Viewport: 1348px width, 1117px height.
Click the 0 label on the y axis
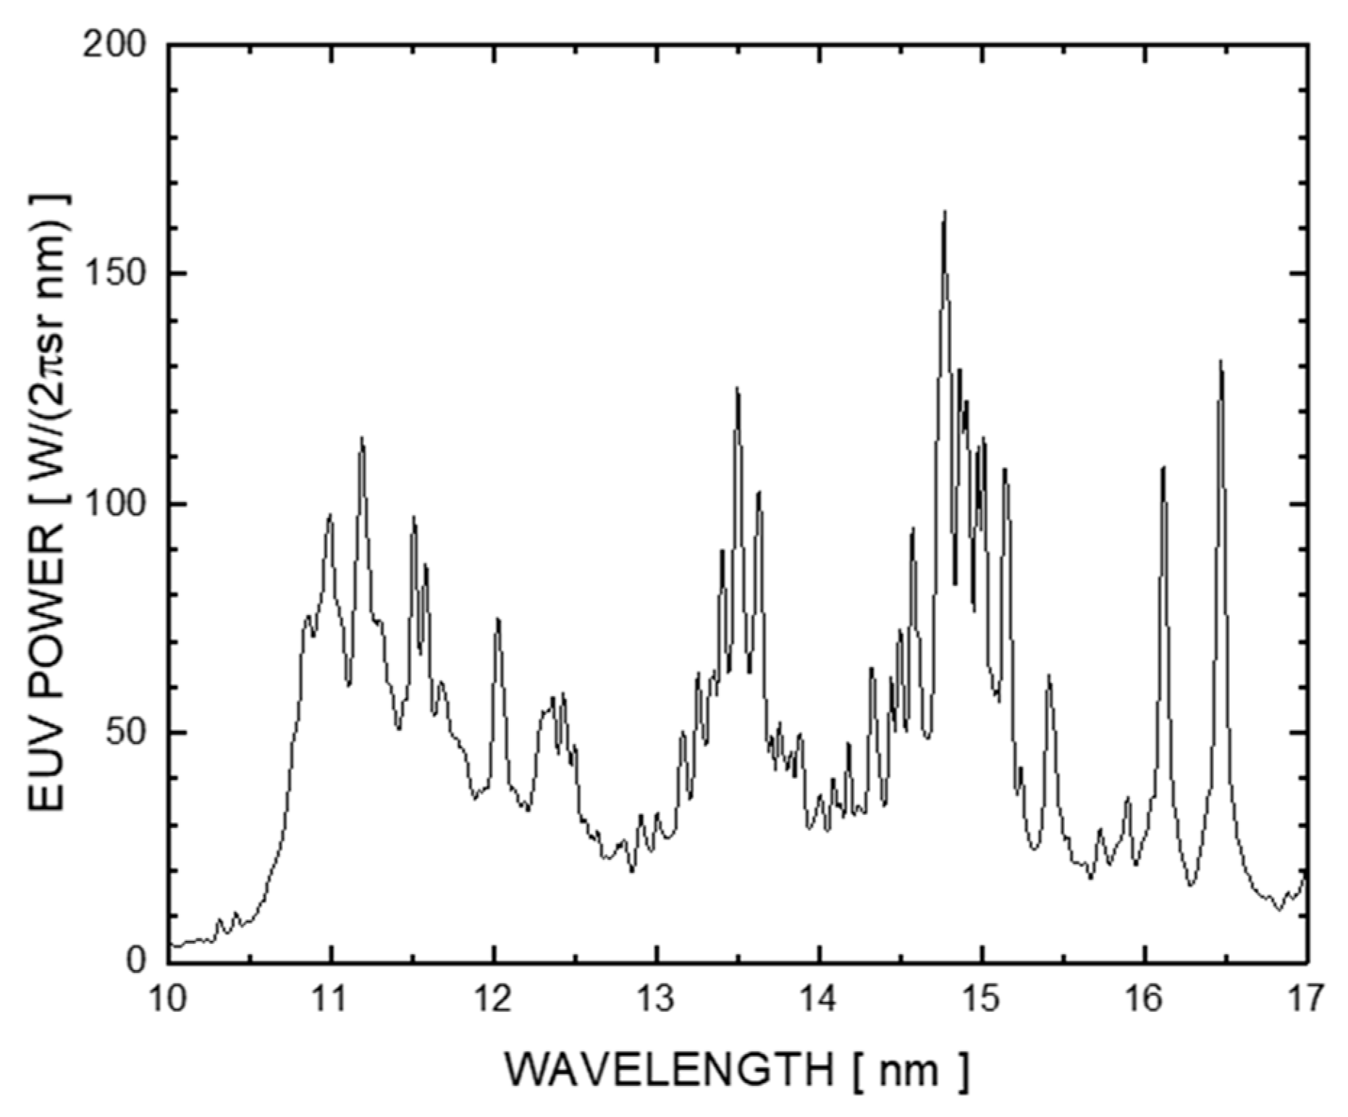pyautogui.click(x=135, y=961)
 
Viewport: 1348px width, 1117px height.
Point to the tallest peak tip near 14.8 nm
pyautogui.click(x=945, y=212)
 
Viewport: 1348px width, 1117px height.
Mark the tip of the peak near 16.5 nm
pyautogui.click(x=1221, y=361)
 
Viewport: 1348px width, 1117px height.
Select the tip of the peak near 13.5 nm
pyautogui.click(x=738, y=388)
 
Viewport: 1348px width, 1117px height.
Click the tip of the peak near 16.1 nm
pyautogui.click(x=1163, y=467)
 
